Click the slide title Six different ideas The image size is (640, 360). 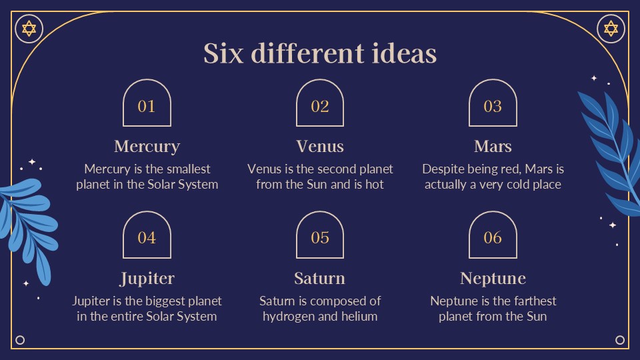tap(320, 53)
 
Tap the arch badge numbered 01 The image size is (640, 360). tap(147, 104)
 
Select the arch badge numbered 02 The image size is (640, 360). tap(320, 104)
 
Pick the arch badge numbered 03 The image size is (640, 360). tap(493, 104)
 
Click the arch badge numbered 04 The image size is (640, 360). tap(147, 236)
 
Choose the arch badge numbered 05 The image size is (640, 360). tap(320, 236)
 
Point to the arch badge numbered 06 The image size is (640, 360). tap(493, 236)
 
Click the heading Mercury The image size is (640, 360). tap(147, 146)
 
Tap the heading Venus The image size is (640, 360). tap(320, 146)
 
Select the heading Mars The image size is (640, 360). tap(493, 146)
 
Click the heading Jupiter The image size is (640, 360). tap(147, 278)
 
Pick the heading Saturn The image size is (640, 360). tap(320, 278)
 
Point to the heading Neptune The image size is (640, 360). tap(493, 278)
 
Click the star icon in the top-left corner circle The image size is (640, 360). tap(29, 29)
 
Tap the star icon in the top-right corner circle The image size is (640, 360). tap(611, 29)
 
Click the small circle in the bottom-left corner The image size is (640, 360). tap(20, 340)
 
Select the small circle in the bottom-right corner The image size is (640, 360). tap(620, 340)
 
